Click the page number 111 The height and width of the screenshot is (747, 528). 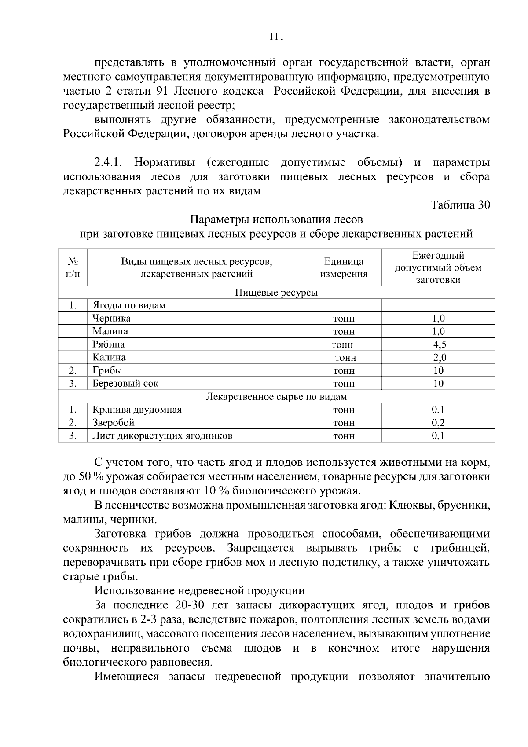coord(276,37)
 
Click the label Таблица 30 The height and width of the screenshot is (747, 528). coord(460,205)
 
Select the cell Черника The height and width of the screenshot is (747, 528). coord(111,319)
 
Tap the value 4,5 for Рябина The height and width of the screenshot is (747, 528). coord(438,344)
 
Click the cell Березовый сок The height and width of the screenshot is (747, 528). coord(125,384)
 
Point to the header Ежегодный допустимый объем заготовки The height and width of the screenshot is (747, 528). coord(438,268)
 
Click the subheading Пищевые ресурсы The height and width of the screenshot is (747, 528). coord(276,293)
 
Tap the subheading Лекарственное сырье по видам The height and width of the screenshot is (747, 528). coord(276,397)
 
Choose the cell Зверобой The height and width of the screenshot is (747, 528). coord(113,423)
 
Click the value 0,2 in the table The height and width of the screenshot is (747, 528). coord(438,423)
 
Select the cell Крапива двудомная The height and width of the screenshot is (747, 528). coord(137,410)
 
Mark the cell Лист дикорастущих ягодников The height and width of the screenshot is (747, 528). coord(162,436)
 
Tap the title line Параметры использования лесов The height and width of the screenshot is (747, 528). coord(276,219)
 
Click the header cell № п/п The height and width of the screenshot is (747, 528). coord(73,268)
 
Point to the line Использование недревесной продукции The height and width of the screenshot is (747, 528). coord(199,591)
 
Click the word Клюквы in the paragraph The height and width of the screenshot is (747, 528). coord(408,505)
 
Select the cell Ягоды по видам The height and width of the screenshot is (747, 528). coord(129,305)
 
